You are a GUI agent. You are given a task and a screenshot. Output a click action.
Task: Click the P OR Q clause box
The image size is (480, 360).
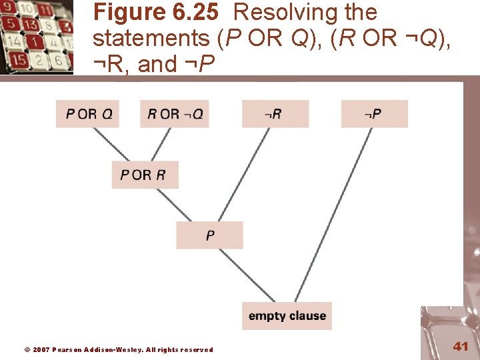coord(89,114)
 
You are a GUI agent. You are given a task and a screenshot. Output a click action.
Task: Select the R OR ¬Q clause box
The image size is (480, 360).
coord(175,114)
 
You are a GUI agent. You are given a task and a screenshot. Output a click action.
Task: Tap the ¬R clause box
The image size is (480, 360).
coord(275,114)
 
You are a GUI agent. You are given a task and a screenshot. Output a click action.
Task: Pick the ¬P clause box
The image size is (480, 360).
coord(374,114)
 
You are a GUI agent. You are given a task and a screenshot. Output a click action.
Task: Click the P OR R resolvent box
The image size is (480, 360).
coord(144,175)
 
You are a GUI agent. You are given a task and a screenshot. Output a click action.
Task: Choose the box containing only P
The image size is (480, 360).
coord(209,235)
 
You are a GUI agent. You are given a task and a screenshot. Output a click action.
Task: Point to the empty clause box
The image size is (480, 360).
coord(287,316)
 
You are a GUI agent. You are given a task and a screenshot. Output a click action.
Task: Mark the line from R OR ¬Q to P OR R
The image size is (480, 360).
coord(163,144)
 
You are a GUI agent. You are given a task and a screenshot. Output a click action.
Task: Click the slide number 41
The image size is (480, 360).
coord(461,346)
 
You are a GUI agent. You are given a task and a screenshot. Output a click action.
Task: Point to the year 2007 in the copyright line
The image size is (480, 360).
coord(41,349)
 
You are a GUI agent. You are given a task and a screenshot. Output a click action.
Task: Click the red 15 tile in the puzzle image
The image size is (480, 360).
coord(19,59)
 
